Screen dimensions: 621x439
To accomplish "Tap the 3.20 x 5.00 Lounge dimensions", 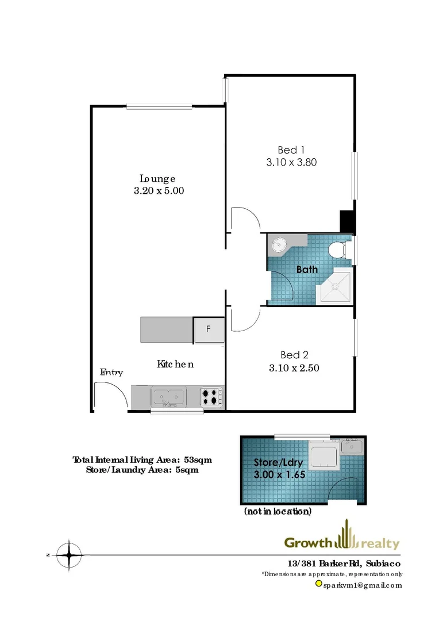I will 159,191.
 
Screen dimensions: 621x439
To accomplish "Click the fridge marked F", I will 208,329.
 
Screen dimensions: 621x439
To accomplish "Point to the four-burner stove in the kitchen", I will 212,397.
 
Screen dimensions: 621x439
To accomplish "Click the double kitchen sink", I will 168,396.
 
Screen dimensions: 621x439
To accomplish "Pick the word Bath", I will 307,269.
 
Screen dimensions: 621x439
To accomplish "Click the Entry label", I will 111,372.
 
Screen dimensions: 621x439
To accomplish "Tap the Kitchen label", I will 175,364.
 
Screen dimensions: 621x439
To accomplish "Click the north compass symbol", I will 69,555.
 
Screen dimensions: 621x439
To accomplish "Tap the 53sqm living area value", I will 191,459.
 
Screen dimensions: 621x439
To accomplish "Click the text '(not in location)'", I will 278,511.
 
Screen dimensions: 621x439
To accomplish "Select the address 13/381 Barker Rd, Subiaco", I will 344,563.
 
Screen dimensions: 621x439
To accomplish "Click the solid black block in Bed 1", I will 348,221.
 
